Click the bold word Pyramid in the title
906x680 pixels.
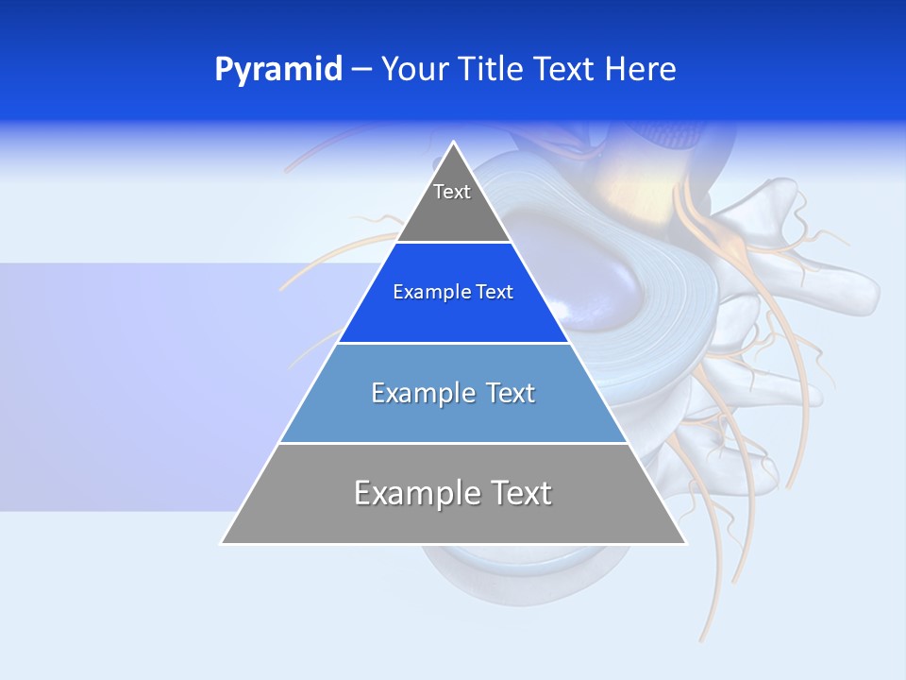(x=277, y=70)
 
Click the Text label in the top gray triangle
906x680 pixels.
(x=452, y=192)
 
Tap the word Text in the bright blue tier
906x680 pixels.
(x=495, y=293)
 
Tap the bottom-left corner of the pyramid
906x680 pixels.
(x=222, y=543)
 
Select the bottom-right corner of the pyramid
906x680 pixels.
(x=685, y=543)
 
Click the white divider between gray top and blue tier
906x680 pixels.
(x=453, y=243)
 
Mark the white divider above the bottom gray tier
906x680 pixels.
(x=453, y=443)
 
